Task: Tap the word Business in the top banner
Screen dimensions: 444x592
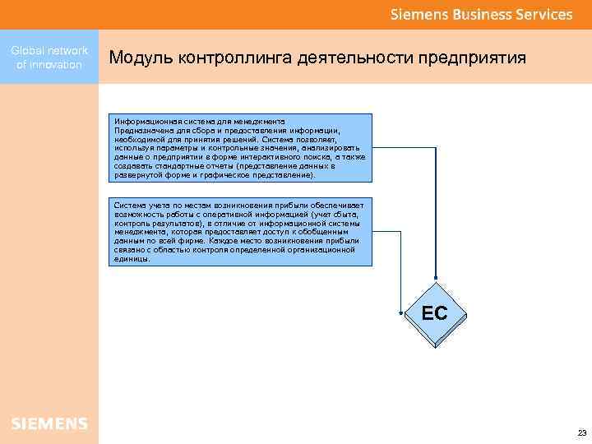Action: (x=479, y=15)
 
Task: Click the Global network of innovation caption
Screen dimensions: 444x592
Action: (x=49, y=58)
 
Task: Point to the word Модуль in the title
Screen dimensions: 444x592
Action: (x=137, y=59)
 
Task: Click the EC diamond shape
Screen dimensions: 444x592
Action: (x=434, y=314)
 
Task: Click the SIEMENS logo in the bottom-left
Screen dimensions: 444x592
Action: (x=49, y=423)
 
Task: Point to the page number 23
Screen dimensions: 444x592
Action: (x=581, y=432)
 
